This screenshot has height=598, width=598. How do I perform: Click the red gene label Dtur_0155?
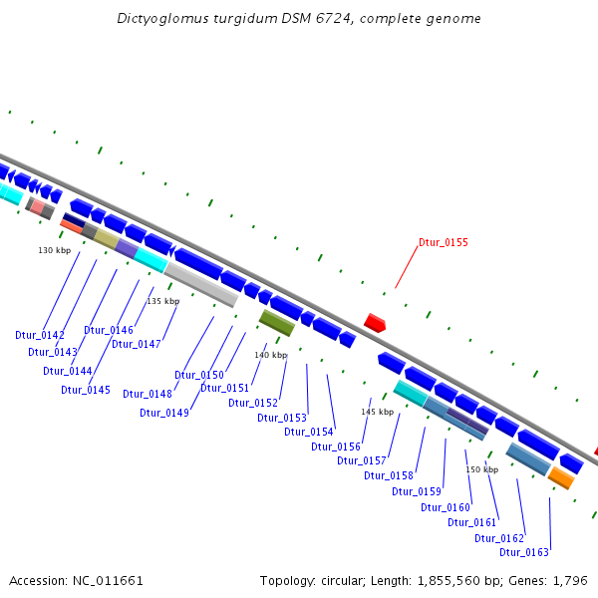tap(444, 242)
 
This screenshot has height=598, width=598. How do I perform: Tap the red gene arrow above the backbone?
tap(375, 322)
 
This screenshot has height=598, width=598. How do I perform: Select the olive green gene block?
tap(277, 322)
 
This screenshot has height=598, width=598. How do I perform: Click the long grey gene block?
tap(201, 283)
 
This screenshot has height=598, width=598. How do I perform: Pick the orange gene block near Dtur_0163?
tap(561, 478)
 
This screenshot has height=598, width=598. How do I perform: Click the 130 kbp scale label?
tap(55, 249)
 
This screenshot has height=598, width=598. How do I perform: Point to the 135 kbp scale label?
tap(163, 301)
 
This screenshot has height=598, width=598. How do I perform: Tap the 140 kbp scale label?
tap(270, 355)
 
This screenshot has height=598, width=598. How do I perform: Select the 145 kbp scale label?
tap(378, 412)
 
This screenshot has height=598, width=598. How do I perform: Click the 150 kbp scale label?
tap(482, 469)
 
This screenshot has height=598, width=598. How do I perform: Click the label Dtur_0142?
tap(40, 335)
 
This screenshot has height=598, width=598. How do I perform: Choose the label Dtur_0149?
tap(164, 413)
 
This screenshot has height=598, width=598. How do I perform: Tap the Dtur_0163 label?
tap(524, 552)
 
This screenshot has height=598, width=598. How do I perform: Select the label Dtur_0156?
tap(336, 447)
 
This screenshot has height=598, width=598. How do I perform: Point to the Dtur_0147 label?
tap(137, 344)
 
